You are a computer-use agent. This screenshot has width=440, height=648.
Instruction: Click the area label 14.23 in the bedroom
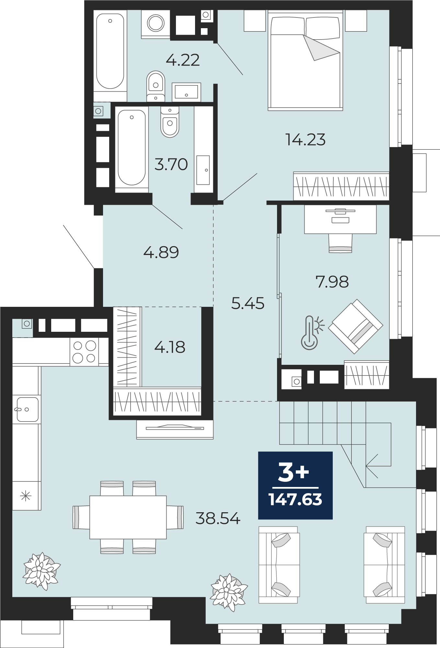(x=305, y=140)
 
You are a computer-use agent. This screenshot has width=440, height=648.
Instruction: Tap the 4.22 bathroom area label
(x=183, y=60)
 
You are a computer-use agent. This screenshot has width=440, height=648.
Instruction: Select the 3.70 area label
(x=171, y=164)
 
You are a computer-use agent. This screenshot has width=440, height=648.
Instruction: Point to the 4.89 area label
(x=161, y=252)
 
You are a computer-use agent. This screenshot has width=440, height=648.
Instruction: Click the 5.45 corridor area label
(x=248, y=303)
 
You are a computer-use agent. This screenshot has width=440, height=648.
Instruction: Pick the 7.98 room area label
(x=332, y=282)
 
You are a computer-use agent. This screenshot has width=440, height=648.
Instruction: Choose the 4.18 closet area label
(x=170, y=347)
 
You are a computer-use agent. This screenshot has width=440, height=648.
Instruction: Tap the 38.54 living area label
(x=218, y=518)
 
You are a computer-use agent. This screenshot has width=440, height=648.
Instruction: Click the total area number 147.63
(x=295, y=500)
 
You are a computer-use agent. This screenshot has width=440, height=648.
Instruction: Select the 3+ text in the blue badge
(x=294, y=472)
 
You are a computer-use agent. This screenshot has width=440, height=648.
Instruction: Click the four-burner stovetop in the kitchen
(x=84, y=352)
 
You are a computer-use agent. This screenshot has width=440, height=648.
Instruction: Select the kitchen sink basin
(x=27, y=410)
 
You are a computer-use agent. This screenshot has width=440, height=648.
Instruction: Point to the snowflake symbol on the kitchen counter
(x=26, y=496)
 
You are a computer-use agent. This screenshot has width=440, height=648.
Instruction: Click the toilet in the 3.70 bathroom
(x=170, y=121)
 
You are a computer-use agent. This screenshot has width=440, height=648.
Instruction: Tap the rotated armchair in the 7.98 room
(x=355, y=326)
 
